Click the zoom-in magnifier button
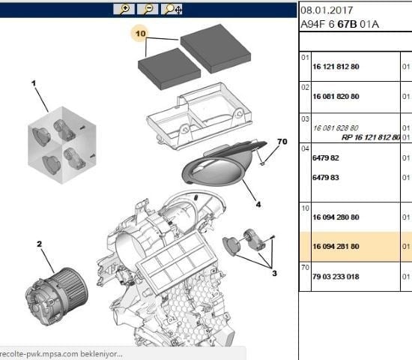coord(124,9)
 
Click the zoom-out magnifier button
coord(148,9)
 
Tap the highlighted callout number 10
coord(140,34)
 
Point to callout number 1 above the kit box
coord(34,83)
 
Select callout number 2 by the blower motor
coord(39,244)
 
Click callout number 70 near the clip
coord(282,142)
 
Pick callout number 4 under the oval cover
coord(258,204)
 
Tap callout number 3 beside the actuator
coord(274,273)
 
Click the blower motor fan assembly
coord(56,296)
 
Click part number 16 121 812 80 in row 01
coord(336,67)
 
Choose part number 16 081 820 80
coord(336,97)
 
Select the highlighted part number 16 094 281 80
coord(336,247)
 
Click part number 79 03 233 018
coord(336,277)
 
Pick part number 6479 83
coord(326,178)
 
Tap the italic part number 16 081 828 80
coord(336,128)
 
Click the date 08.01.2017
coord(327,10)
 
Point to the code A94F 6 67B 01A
coord(340,25)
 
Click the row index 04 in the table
coord(305,148)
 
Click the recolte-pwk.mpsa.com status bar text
coord(61,354)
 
